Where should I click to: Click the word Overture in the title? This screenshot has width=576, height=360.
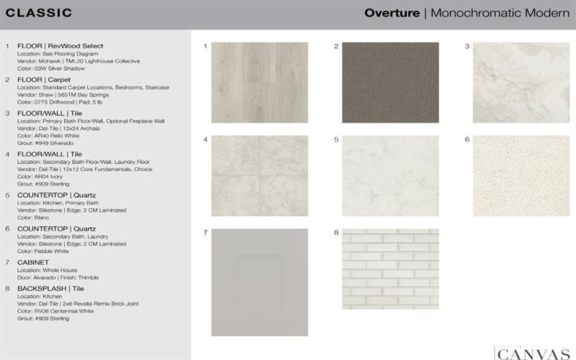pos(392,13)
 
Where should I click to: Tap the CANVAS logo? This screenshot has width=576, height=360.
pos(532,353)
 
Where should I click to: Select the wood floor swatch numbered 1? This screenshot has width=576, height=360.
pos(259,82)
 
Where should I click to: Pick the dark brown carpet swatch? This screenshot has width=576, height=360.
pos(390,82)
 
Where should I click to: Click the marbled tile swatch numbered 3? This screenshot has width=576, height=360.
pos(521,82)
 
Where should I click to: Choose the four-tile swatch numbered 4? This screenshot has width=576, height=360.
pos(259,176)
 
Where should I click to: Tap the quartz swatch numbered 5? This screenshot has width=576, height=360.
pos(390,176)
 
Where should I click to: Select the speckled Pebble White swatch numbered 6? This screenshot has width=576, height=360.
pos(521,176)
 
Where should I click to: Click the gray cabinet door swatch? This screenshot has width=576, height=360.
pos(259,282)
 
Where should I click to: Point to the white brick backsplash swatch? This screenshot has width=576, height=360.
pos(390,269)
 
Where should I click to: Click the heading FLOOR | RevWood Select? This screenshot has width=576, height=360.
pos(60,46)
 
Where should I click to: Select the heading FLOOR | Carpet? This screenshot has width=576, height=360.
pos(46,79)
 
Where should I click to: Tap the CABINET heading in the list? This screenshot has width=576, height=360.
pos(33,262)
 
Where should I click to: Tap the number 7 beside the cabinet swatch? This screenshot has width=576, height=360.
pos(205,233)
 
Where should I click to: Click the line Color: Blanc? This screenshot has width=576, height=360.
pos(34,217)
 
